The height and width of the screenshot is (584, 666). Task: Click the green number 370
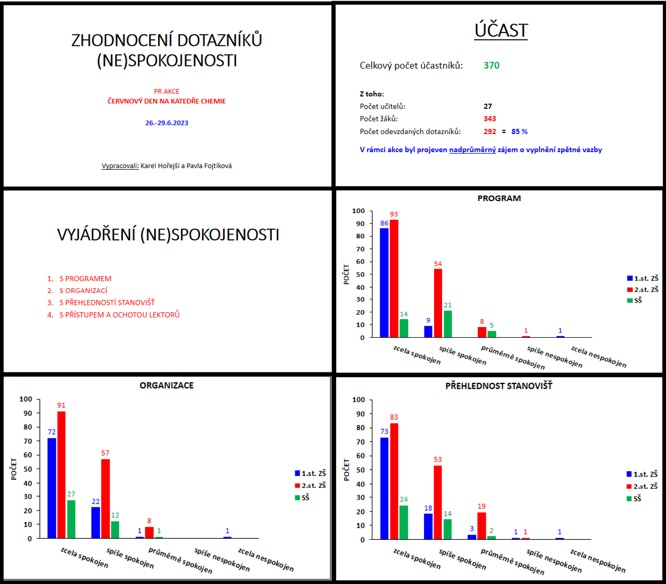point(492,65)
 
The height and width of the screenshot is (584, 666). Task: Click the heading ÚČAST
point(501,31)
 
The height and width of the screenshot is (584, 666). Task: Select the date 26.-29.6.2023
point(166,123)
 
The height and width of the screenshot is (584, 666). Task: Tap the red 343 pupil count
point(489,119)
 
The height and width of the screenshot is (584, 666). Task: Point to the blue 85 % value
point(519,131)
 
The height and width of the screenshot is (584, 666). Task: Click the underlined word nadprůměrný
point(472,150)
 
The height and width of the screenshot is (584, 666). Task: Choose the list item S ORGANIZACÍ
point(83,290)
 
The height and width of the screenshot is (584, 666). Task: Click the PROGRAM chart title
point(499,198)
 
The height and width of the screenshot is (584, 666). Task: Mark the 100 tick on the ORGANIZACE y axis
point(26,399)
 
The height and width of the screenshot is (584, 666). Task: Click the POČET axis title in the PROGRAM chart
point(346,274)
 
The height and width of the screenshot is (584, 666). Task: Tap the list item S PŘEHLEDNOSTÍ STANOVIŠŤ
point(106,303)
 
